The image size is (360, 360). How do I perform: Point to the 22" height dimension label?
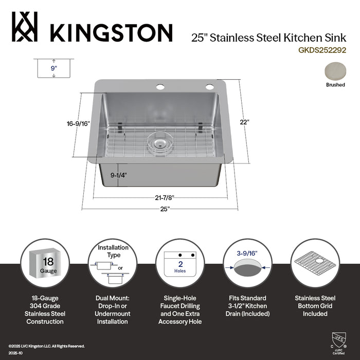coord(244,122)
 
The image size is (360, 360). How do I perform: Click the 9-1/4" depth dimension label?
coord(118,175)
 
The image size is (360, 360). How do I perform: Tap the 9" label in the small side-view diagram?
coord(53,67)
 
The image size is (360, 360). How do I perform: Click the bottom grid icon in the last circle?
coord(315,264)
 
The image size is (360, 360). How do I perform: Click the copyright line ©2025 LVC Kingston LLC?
coord(46,346)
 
